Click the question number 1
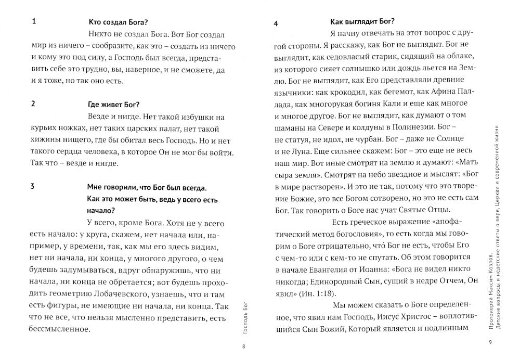click(x=33, y=22)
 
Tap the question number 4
click(x=276, y=23)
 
